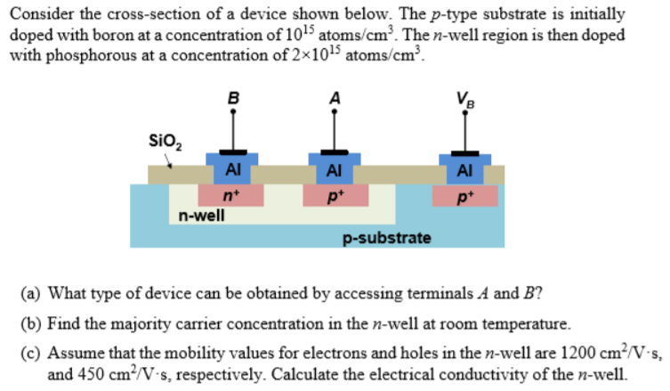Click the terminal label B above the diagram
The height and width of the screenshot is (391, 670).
233,98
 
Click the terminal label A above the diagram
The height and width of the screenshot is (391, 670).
335,98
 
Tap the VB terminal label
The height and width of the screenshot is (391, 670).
464,99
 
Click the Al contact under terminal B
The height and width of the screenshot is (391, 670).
232,169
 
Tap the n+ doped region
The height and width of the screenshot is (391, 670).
231,193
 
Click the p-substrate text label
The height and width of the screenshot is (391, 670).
387,238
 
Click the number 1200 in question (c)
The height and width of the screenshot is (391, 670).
535,350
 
